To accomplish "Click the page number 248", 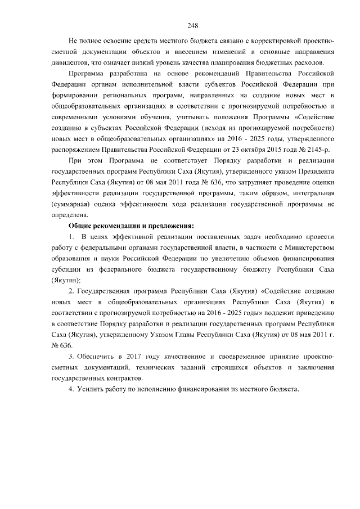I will pyautogui.click(x=193, y=25).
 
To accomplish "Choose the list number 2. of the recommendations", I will pyautogui.click(x=71, y=291).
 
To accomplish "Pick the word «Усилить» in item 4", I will pyautogui.click(x=90, y=390).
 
